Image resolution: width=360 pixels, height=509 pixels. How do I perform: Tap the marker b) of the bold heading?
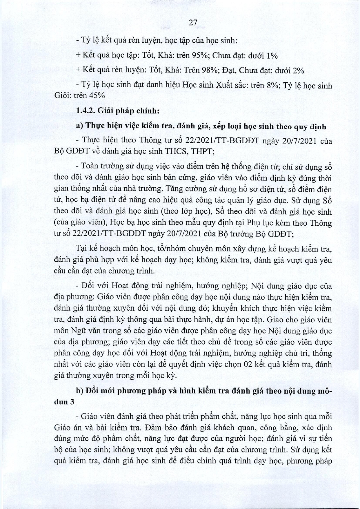79,391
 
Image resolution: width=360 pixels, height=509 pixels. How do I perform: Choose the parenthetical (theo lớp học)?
189,212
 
